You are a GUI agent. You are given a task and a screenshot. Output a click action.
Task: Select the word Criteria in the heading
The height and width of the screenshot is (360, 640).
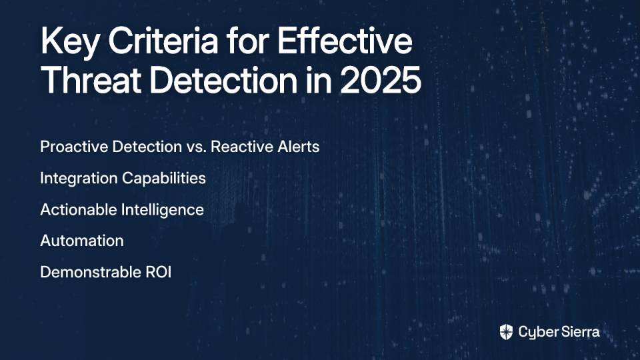(163, 41)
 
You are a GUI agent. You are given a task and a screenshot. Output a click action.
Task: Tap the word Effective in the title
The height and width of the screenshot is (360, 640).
(345, 41)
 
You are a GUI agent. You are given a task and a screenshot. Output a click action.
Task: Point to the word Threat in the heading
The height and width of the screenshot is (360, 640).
(91, 80)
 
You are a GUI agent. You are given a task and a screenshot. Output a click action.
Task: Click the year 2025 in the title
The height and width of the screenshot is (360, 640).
(381, 80)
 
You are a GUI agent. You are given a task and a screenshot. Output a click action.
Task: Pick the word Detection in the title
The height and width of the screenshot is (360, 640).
(224, 80)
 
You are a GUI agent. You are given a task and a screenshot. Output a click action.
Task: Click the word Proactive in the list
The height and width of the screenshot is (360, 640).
(74, 147)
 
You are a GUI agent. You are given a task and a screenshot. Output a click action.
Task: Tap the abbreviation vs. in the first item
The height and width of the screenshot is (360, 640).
(196, 147)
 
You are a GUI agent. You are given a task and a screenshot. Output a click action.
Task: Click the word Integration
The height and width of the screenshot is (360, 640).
(79, 179)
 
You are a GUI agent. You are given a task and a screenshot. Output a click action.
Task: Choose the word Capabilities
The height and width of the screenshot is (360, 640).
(164, 179)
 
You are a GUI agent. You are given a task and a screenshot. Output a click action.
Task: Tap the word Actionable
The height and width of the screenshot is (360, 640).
(78, 209)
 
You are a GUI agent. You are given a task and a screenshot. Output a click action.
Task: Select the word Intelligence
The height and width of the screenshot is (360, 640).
(163, 210)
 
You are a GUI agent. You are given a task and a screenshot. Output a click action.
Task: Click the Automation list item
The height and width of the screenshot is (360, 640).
(81, 241)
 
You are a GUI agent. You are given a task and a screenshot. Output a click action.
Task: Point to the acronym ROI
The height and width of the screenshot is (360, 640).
(159, 272)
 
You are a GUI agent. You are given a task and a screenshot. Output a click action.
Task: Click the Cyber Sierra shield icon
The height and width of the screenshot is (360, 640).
(506, 332)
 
